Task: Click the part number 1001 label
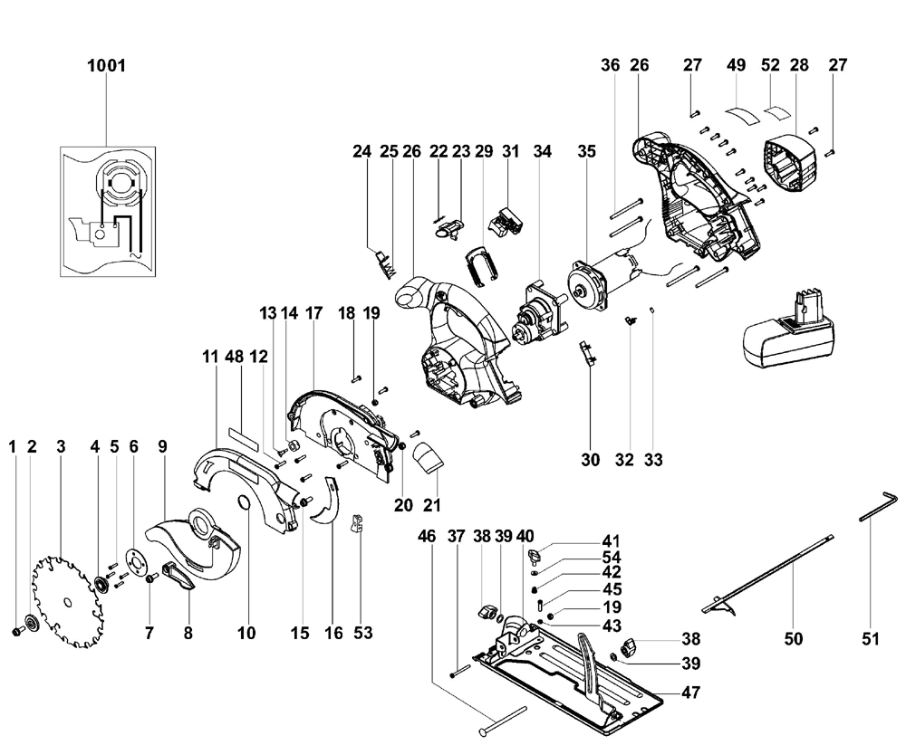pos(106,66)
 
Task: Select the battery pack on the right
pos(787,331)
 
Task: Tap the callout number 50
pos(794,639)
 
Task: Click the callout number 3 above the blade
pos(61,445)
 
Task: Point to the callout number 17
pos(313,313)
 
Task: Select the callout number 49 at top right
pos(736,65)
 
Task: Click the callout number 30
pos(591,460)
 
